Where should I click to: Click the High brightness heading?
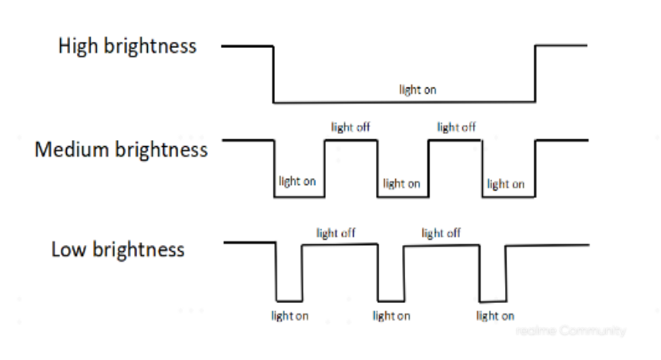click(127, 46)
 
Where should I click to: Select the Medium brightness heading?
click(121, 148)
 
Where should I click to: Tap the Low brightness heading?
click(118, 250)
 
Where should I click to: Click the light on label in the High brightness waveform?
click(418, 90)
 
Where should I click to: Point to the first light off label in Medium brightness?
click(350, 127)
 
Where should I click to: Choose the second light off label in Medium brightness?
click(456, 127)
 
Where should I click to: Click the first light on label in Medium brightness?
click(298, 181)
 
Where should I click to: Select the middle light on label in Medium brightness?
click(401, 183)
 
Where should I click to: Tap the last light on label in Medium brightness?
click(506, 183)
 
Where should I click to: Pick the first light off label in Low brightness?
click(336, 233)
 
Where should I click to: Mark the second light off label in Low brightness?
click(441, 233)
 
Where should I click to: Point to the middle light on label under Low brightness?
click(391, 315)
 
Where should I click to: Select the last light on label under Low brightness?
click(495, 315)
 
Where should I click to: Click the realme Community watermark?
click(570, 331)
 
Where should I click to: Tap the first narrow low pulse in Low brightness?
click(289, 300)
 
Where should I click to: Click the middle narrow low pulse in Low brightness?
click(391, 300)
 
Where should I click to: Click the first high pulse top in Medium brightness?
click(350, 140)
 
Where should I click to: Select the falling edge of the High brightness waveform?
click(273, 74)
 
